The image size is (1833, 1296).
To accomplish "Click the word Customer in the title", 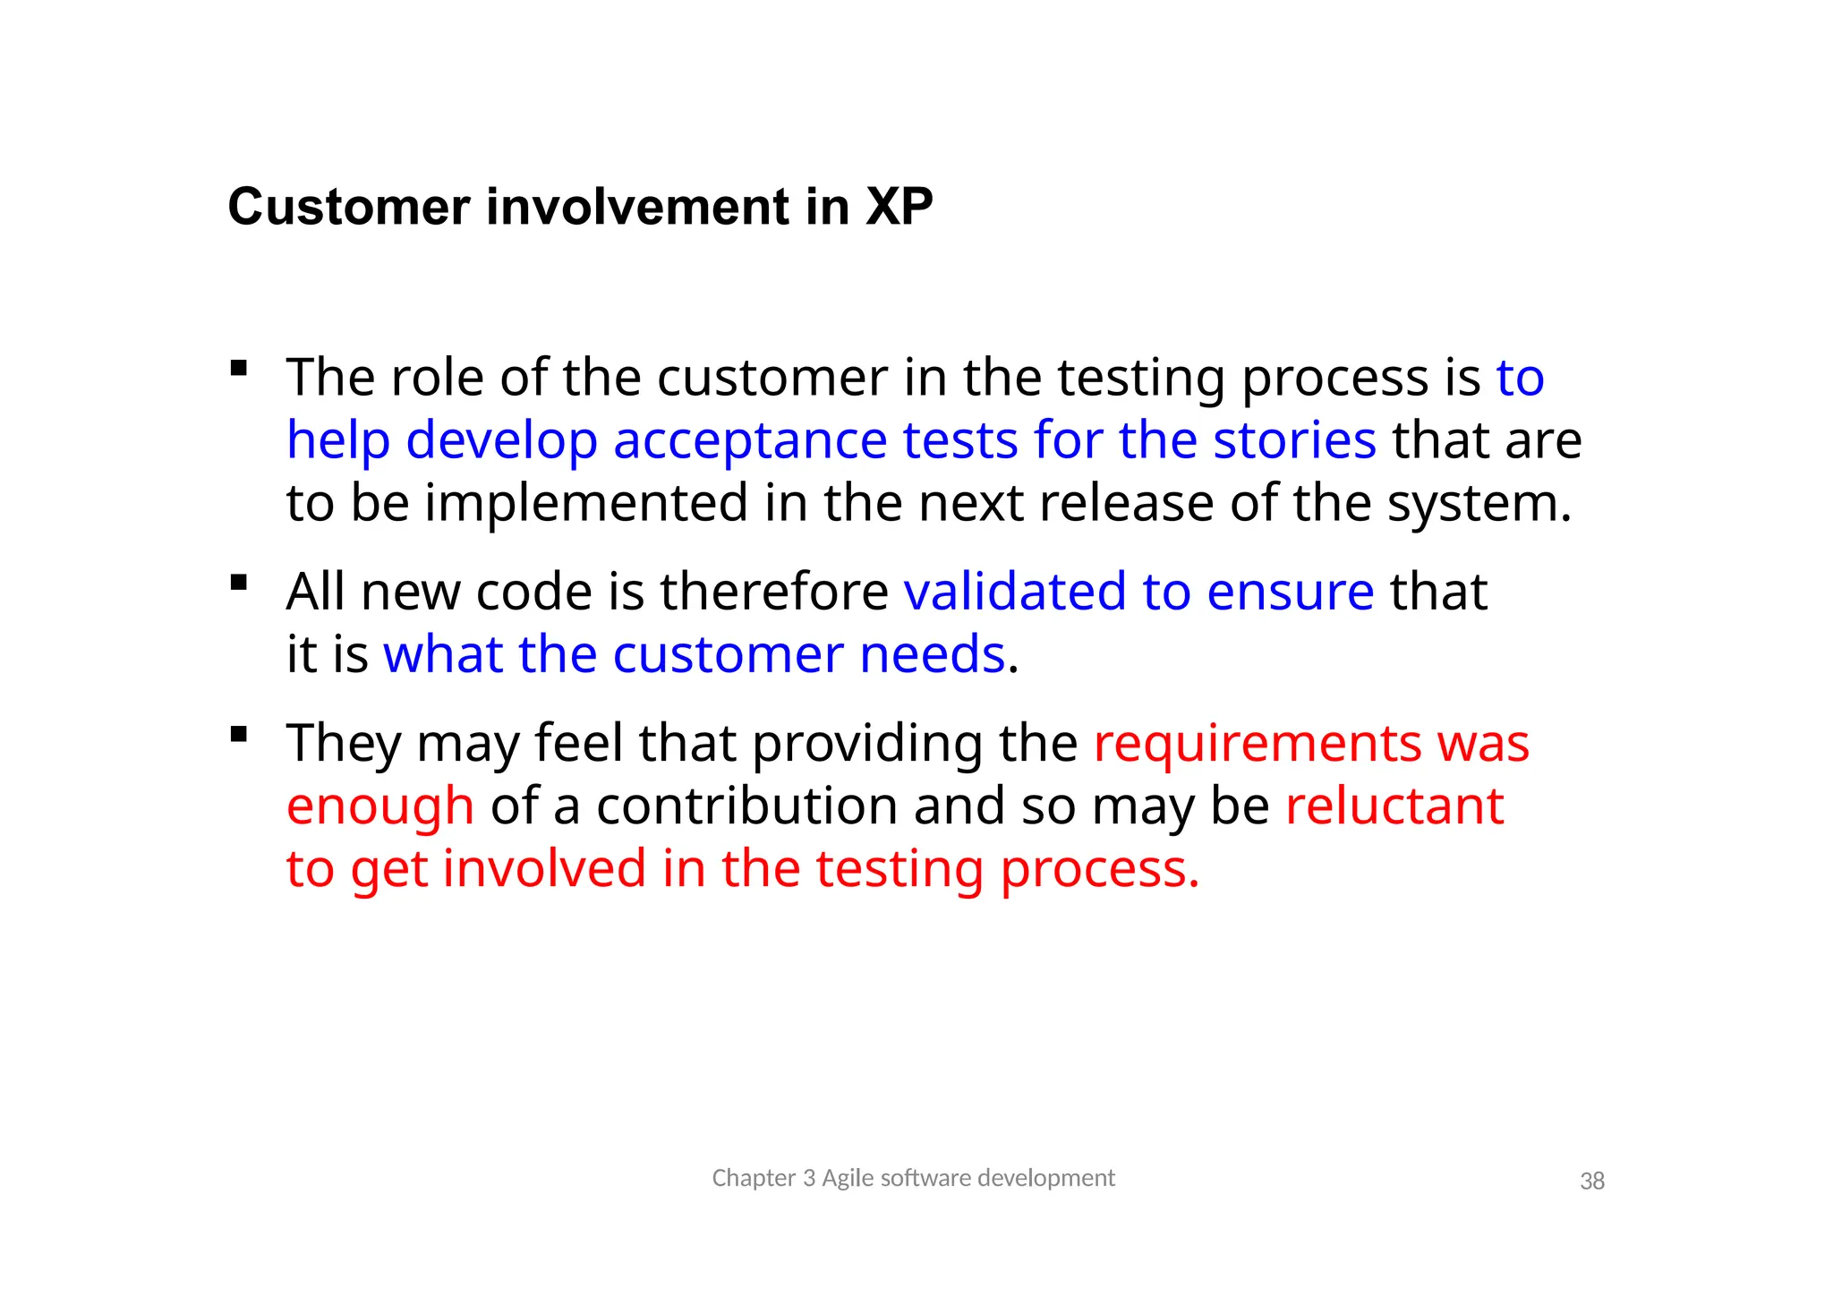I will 349,207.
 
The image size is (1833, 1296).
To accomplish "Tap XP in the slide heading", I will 899,207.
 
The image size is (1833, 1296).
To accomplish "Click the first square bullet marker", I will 238,368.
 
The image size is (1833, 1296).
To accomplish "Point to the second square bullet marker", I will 238,583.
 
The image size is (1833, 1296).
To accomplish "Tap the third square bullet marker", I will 238,735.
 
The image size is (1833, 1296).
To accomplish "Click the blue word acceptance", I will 750,440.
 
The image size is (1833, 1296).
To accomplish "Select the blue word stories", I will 1294,440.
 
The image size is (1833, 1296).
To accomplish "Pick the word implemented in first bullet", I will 585,503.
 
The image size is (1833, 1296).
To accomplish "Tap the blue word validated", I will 1015,592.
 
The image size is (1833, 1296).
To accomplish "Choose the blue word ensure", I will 1290,592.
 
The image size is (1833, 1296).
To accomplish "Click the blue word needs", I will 932,654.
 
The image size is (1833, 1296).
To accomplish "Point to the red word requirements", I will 1257,745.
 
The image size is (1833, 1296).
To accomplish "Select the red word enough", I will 379,807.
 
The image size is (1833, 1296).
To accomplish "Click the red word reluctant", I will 1394,806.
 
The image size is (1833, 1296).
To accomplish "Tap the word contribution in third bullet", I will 746,806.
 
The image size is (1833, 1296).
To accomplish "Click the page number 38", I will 1592,1181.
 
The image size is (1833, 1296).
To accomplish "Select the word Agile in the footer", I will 848,1179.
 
